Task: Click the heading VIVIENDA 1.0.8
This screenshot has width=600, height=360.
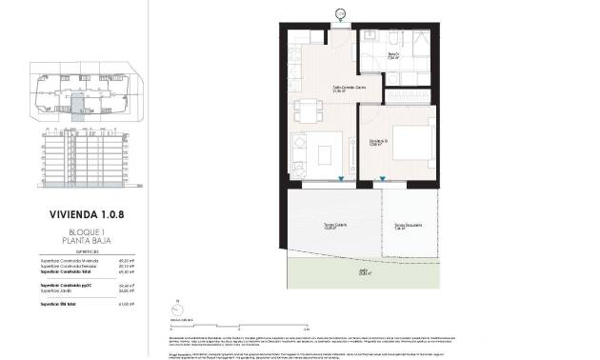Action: click(86, 214)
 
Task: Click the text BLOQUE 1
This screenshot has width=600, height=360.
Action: click(86, 231)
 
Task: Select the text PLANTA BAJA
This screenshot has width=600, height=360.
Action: click(86, 241)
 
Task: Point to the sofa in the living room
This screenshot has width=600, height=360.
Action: click(301, 152)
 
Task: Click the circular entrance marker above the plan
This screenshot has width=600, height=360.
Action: click(341, 11)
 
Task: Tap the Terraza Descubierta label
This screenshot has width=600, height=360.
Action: click(408, 226)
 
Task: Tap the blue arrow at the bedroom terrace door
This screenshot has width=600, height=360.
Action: click(383, 178)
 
